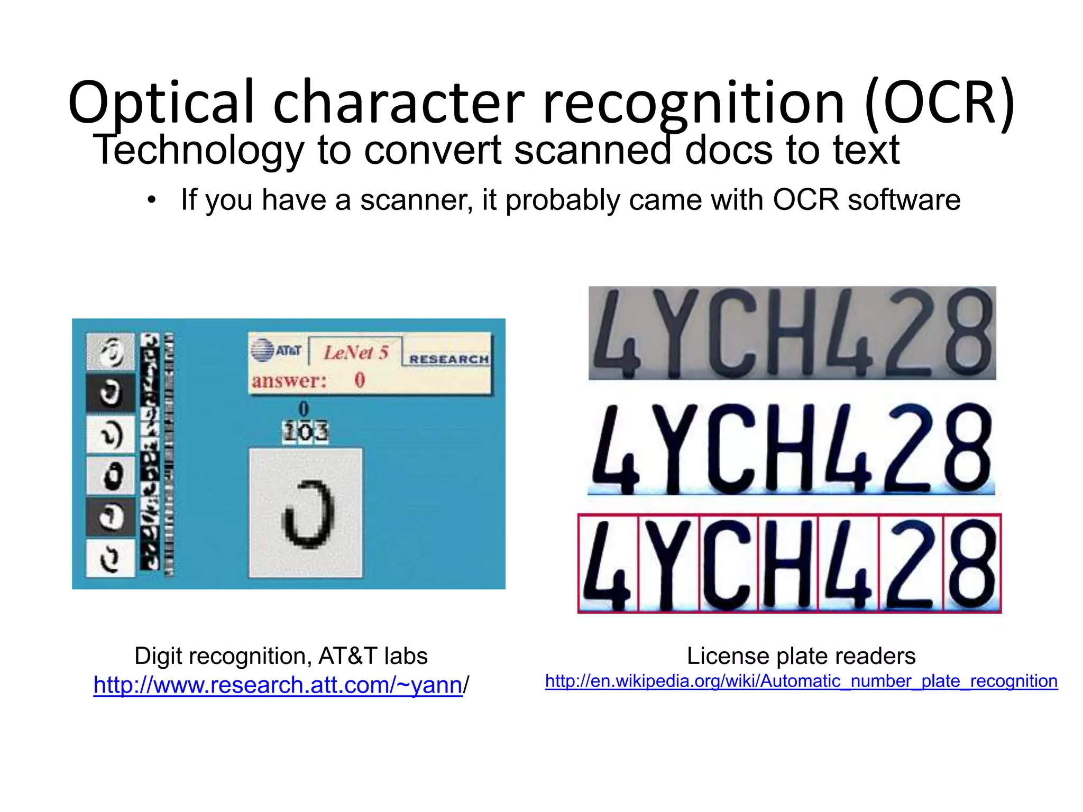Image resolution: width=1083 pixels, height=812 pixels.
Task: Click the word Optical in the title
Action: point(161,103)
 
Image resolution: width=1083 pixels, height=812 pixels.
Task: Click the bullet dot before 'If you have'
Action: point(152,200)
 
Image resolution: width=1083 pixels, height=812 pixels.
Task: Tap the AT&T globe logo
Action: point(263,350)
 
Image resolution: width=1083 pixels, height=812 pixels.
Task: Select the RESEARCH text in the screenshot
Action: point(448,359)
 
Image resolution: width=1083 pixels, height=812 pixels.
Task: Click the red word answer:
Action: point(289,381)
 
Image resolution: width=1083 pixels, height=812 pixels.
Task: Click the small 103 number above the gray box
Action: point(305,432)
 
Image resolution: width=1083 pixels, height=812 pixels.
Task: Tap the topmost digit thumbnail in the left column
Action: point(111,351)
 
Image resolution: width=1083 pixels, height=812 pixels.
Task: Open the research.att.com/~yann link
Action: point(278,685)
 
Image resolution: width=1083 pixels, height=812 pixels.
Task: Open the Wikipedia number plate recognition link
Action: point(801,681)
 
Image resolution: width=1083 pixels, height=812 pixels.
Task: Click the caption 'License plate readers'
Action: point(801,656)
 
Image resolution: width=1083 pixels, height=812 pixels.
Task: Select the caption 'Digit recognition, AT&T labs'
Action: point(281,656)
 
